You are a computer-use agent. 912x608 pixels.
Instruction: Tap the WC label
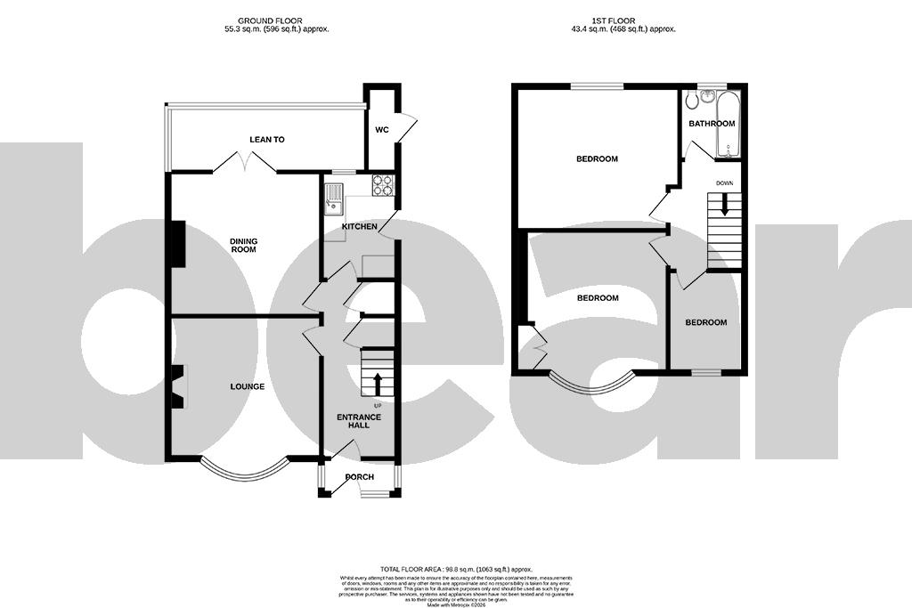click(x=382, y=130)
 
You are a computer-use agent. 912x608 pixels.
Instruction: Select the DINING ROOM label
click(x=243, y=245)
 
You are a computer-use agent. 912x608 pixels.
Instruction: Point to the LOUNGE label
click(x=248, y=386)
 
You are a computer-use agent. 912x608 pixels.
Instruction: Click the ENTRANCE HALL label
click(x=359, y=421)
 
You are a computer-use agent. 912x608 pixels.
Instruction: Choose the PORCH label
click(x=360, y=477)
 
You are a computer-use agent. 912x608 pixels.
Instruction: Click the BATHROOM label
click(x=712, y=124)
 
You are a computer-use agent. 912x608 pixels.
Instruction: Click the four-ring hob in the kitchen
click(x=383, y=185)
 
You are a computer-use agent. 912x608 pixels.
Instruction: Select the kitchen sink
click(x=333, y=198)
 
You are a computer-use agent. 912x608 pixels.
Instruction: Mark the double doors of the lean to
click(x=246, y=162)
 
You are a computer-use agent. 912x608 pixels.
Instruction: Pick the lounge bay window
click(x=243, y=469)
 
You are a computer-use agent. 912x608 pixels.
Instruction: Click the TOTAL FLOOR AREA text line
click(x=455, y=568)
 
